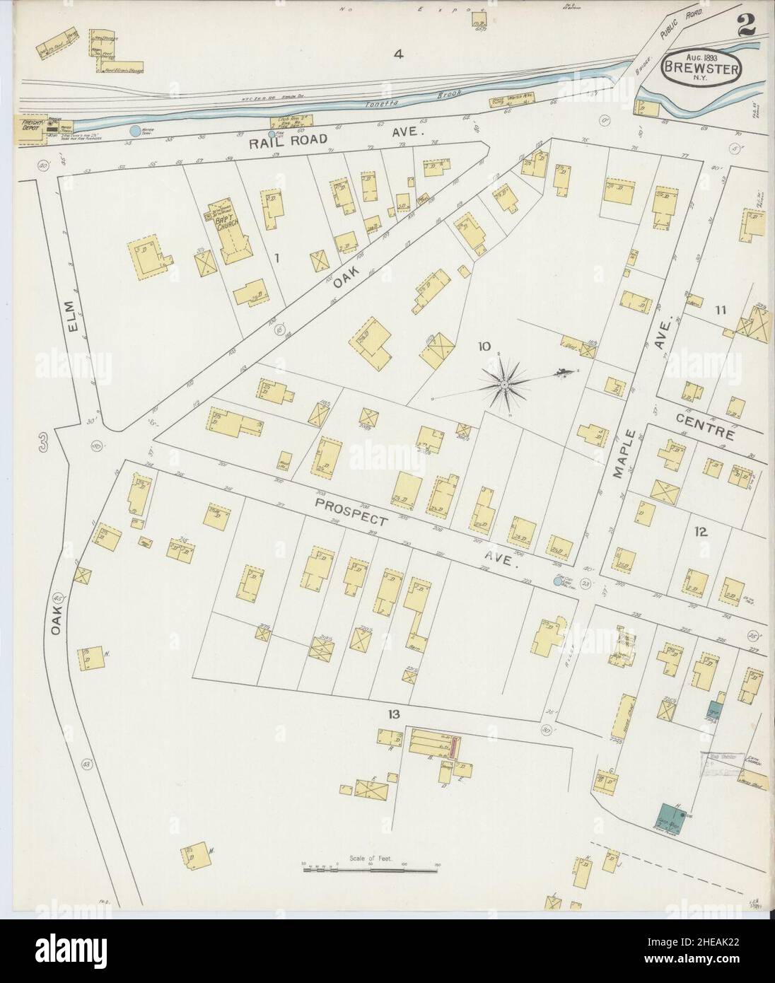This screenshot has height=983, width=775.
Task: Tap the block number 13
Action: coord(393,714)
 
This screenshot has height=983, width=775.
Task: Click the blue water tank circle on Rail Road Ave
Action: coord(135,131)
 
